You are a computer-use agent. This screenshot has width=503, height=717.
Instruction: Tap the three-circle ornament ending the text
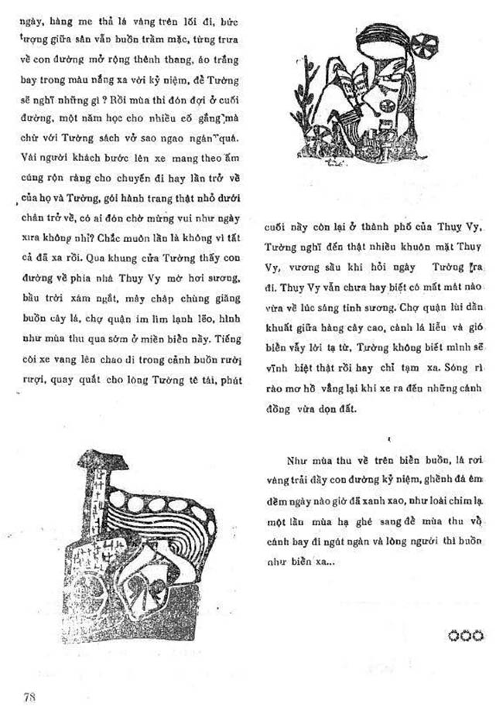(465, 635)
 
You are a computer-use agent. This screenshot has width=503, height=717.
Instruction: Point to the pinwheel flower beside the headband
(426, 45)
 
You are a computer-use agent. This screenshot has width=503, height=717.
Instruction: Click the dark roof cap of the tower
(98, 461)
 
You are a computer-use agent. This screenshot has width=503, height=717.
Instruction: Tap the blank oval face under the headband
(390, 90)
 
